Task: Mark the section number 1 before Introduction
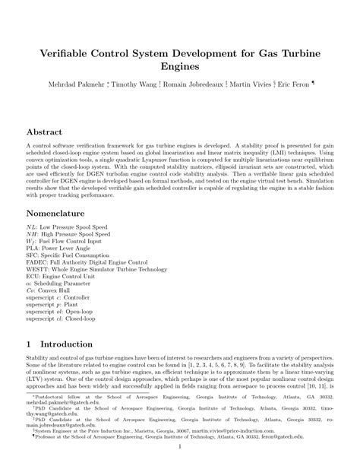tap(30, 343)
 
